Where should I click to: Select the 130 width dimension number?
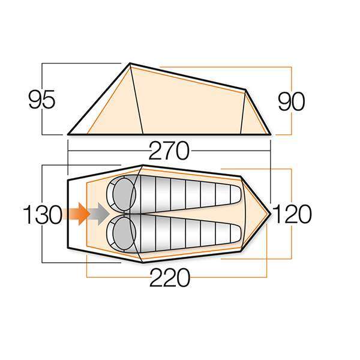43,214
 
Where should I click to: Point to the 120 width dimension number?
292,213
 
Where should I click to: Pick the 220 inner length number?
169,278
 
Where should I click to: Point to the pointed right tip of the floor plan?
271,212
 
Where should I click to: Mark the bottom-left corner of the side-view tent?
68,134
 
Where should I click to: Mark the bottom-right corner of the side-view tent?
271,133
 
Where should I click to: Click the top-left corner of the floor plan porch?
68,178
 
